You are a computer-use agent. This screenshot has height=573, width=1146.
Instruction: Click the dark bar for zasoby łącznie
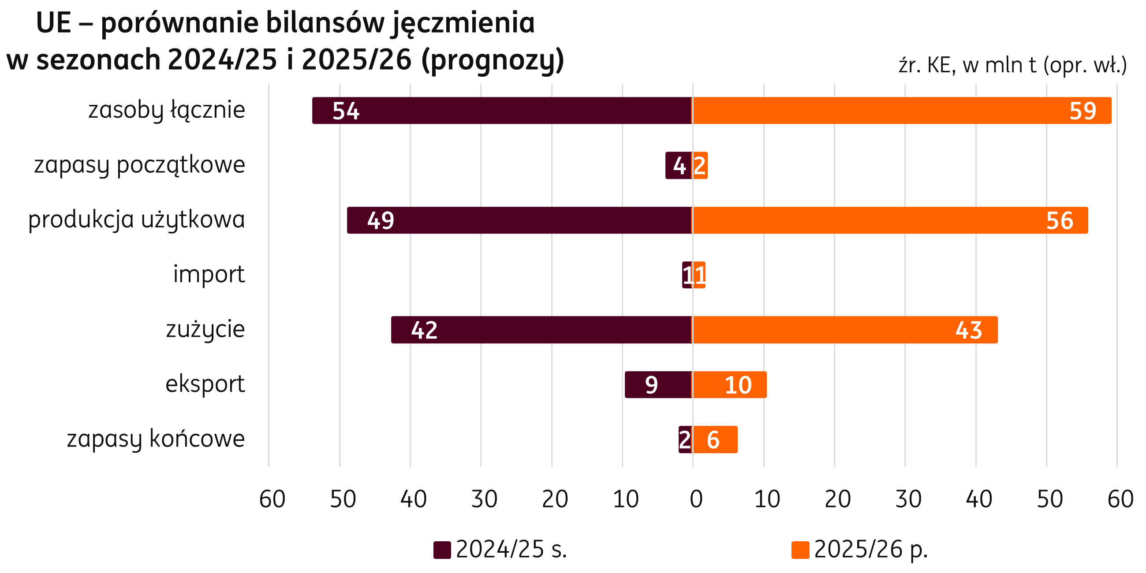click(502, 110)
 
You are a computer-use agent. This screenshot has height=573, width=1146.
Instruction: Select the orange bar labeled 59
click(901, 110)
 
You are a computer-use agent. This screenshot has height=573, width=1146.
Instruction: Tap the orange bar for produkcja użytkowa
click(890, 220)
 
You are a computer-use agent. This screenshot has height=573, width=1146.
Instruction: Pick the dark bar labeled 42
click(541, 330)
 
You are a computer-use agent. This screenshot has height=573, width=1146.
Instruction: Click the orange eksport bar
click(729, 384)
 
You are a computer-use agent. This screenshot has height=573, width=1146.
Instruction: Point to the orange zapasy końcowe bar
click(715, 439)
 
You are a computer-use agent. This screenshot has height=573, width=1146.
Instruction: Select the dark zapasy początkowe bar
click(679, 165)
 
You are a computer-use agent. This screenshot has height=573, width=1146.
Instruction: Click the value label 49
click(381, 221)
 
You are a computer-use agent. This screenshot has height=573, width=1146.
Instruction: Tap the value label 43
click(968, 330)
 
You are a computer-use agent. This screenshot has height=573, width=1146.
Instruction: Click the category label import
click(209, 274)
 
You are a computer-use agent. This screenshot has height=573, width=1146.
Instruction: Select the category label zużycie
click(205, 329)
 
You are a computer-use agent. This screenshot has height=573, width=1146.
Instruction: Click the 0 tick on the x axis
click(696, 499)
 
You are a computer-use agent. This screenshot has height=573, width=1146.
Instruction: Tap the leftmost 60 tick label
click(272, 499)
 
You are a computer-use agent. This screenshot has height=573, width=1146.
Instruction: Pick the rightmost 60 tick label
click(1120, 499)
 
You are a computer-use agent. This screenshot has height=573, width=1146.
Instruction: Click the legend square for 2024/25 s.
click(442, 550)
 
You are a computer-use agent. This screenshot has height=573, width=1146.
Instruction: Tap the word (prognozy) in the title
click(493, 60)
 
